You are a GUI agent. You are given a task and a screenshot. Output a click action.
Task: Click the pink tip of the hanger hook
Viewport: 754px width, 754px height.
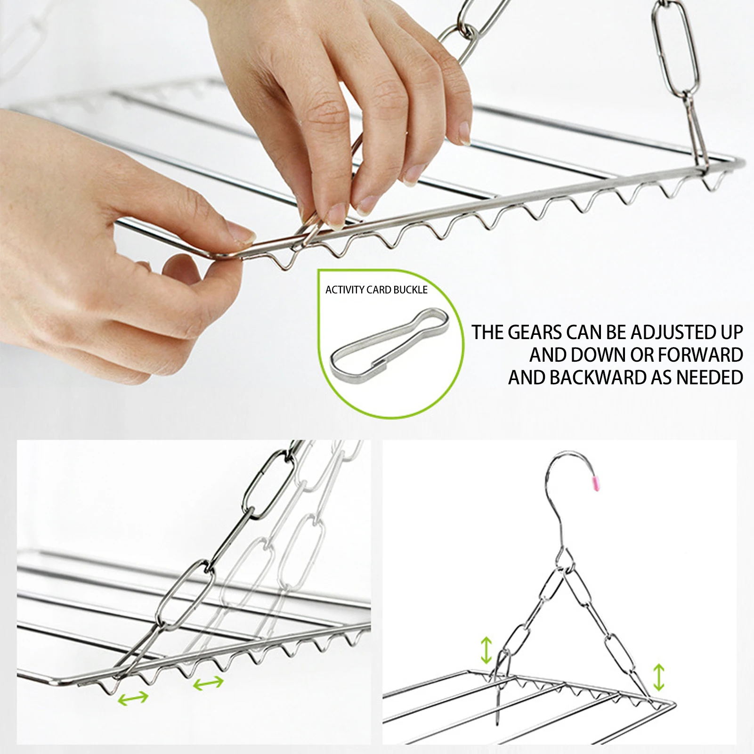coord(595,484)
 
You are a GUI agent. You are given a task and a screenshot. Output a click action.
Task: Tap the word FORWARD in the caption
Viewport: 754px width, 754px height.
coord(701,355)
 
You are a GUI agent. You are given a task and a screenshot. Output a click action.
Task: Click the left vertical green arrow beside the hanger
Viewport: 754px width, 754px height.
coord(486,650)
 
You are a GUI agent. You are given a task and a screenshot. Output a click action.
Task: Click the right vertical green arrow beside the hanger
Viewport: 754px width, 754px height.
coord(659,677)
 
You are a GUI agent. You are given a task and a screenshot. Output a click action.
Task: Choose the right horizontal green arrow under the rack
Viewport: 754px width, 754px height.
coord(208,682)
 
